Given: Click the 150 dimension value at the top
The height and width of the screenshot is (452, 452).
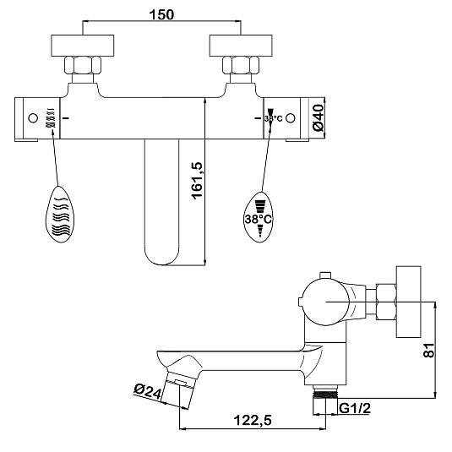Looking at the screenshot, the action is pos(161,14).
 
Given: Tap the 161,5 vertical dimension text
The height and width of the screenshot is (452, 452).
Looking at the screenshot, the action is pos(198,181).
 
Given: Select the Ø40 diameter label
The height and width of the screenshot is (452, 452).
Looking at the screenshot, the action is pos(318,118).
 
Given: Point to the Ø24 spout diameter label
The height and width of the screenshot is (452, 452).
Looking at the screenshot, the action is pos(147,392).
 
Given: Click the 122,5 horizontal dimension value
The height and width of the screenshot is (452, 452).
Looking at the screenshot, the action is pos(253,420).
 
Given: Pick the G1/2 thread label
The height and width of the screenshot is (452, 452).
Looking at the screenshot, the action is pos(355,408).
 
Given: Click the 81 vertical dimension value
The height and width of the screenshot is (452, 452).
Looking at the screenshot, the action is pos(428,351).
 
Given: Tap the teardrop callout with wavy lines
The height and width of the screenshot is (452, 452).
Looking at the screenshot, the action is pos(60,215).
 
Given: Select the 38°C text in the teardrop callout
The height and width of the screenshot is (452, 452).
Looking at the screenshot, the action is pos(258,220).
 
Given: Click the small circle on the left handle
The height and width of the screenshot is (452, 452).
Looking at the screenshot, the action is pos(33,118).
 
